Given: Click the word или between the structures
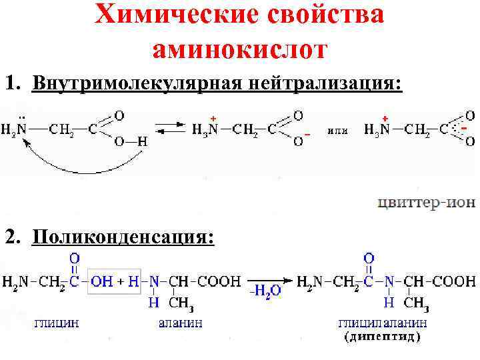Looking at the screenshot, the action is [337, 129].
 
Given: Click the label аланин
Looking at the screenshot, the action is [180, 323].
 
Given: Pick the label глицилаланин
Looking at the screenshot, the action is [383, 323].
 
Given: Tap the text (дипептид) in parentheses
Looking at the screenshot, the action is [383, 337].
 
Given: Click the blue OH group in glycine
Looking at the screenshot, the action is [101, 281].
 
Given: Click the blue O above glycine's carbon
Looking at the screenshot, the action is [75, 257].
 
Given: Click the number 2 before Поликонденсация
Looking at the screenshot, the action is [11, 237].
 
